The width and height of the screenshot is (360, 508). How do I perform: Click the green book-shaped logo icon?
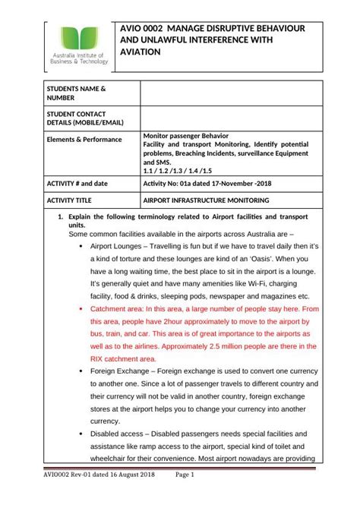[x=78, y=39]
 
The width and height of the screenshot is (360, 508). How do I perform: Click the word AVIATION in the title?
[x=141, y=52]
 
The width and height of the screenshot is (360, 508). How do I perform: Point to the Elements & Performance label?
[x=84, y=140]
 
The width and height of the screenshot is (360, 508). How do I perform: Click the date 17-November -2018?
[x=237, y=184]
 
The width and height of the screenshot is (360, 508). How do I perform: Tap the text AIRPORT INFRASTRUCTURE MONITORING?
[x=206, y=200]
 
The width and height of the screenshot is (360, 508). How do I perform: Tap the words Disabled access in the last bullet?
[x=119, y=433]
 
